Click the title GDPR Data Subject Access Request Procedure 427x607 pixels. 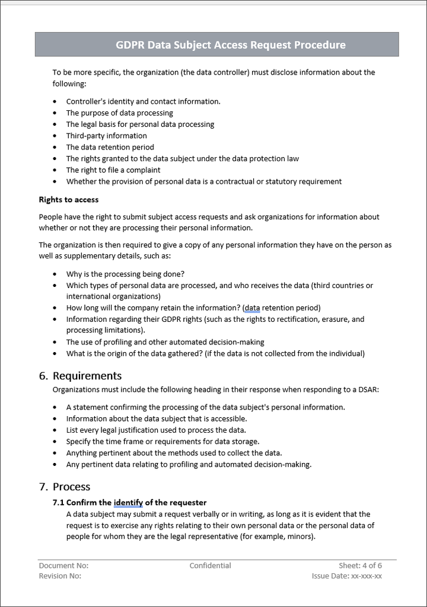click(x=230, y=45)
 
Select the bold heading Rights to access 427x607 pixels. click(x=69, y=200)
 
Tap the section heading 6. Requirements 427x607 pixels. click(x=80, y=376)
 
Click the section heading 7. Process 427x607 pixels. click(x=65, y=487)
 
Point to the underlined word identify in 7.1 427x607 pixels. click(x=128, y=503)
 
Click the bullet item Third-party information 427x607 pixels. click(x=106, y=136)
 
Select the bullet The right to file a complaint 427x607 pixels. click(x=113, y=170)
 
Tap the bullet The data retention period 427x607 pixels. click(x=110, y=147)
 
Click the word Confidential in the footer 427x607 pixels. click(x=211, y=566)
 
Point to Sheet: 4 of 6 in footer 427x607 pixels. click(x=361, y=566)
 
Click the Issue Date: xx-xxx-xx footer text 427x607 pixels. click(x=347, y=576)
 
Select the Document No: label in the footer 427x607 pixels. click(x=63, y=566)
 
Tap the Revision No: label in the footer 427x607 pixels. click(x=60, y=576)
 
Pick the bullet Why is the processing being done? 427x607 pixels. click(x=125, y=274)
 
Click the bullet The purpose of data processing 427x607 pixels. click(x=119, y=113)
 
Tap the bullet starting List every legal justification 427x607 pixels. click(x=156, y=430)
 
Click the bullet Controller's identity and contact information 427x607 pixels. click(x=143, y=101)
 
